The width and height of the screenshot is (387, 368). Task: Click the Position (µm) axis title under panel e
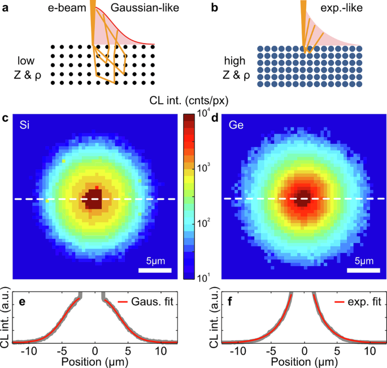tap(95, 361)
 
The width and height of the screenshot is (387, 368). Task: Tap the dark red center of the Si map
tap(92, 199)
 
